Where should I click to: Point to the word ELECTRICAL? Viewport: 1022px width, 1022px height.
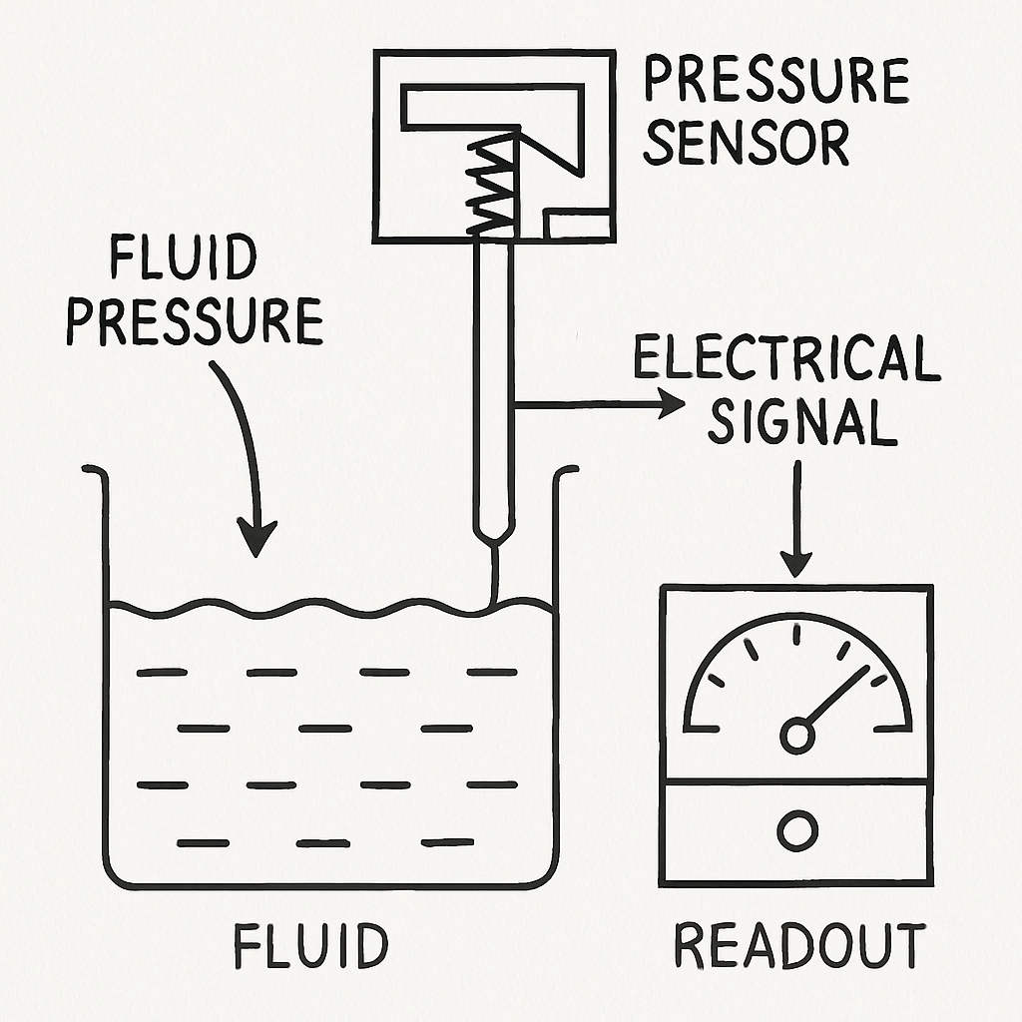coord(786,358)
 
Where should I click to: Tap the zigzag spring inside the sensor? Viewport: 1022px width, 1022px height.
coord(491,187)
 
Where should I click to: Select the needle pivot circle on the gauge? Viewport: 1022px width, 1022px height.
coord(796,736)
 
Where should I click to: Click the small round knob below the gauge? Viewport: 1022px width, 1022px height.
coord(797,830)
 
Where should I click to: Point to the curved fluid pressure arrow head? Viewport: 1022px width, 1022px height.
coord(258,539)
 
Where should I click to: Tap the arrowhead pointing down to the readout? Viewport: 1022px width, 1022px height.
coord(796,565)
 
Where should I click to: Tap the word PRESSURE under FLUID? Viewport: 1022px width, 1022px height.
coord(196,321)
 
